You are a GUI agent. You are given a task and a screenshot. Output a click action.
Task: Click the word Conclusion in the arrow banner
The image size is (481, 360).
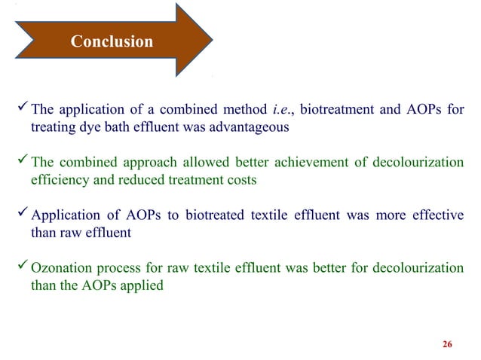111,42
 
